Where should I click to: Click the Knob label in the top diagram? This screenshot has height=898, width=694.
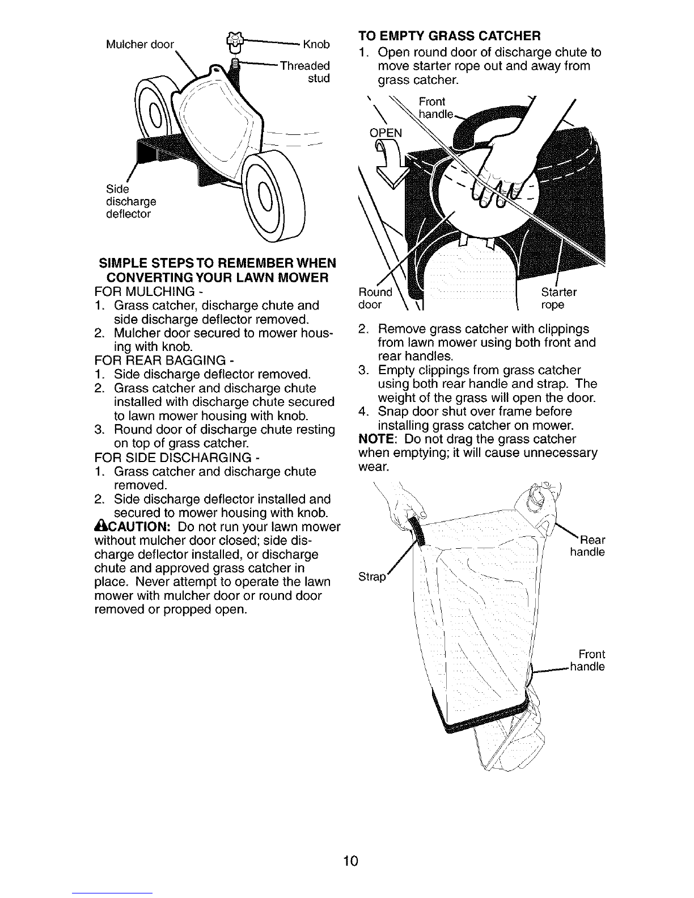click(316, 44)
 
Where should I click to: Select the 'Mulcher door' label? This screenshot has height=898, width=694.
click(140, 44)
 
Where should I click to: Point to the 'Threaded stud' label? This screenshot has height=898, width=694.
click(305, 72)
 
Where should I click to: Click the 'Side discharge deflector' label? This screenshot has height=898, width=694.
click(131, 201)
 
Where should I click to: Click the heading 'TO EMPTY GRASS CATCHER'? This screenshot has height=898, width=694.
click(449, 36)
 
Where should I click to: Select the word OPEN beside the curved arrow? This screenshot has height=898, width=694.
click(386, 133)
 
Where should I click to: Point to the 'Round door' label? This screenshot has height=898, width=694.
click(375, 298)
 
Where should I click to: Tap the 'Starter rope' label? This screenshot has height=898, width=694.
click(559, 298)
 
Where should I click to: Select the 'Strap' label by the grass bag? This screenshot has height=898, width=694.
click(372, 576)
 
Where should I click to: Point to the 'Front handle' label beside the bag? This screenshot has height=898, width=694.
click(587, 660)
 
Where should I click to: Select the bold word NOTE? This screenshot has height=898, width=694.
click(376, 438)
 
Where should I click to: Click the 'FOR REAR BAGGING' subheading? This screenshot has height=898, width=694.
click(164, 360)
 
